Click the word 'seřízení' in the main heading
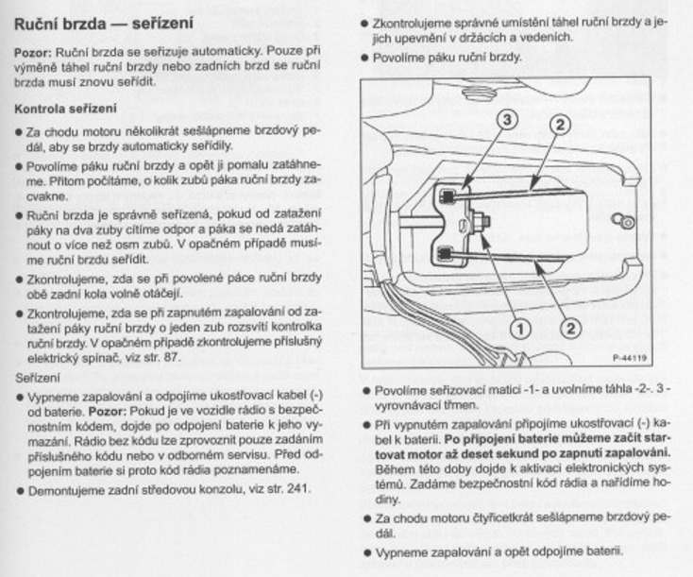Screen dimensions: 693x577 162,24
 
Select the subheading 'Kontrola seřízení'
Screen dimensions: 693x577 65,109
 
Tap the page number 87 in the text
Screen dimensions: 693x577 171,357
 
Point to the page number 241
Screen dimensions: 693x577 296,488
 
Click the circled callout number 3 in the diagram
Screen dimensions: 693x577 507,119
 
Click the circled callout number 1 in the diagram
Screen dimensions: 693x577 520,329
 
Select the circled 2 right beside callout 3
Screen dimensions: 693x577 560,125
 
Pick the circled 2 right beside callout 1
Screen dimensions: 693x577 571,329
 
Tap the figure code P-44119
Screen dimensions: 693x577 630,358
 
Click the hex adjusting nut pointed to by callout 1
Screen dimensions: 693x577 480,221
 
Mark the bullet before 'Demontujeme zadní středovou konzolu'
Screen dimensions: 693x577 20,491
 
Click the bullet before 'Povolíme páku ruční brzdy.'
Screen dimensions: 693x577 364,58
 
